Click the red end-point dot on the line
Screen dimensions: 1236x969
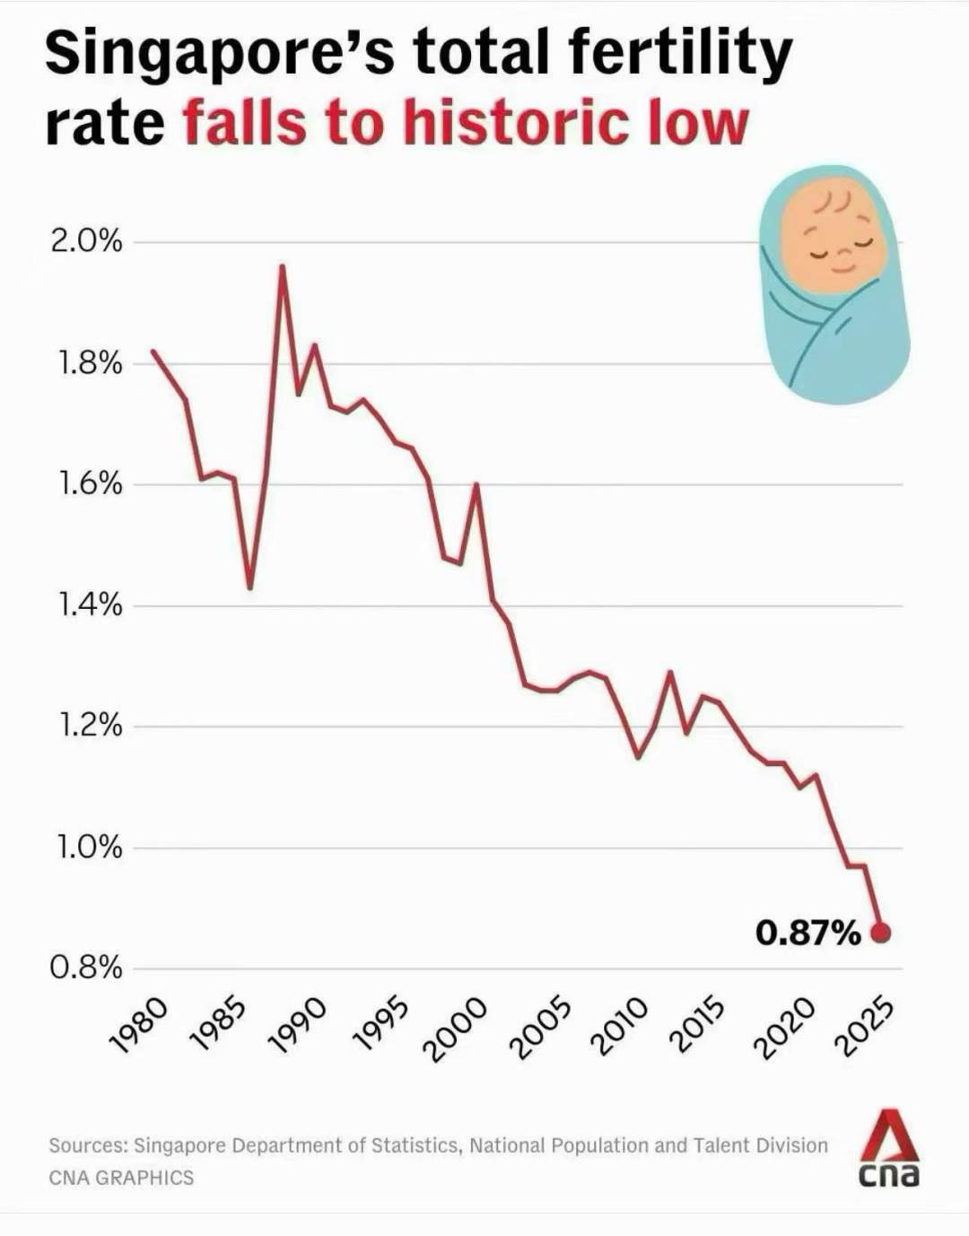881,934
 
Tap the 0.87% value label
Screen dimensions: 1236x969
807,934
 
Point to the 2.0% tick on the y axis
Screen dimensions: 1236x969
86,241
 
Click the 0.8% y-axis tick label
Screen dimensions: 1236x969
86,968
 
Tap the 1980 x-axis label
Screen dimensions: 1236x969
138,1023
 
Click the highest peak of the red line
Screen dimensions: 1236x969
283,265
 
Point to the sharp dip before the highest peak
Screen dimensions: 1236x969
250,588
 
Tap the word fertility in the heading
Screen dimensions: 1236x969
663,54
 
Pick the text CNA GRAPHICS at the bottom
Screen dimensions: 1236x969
121,1178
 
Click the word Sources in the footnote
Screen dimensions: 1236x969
88,1145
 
